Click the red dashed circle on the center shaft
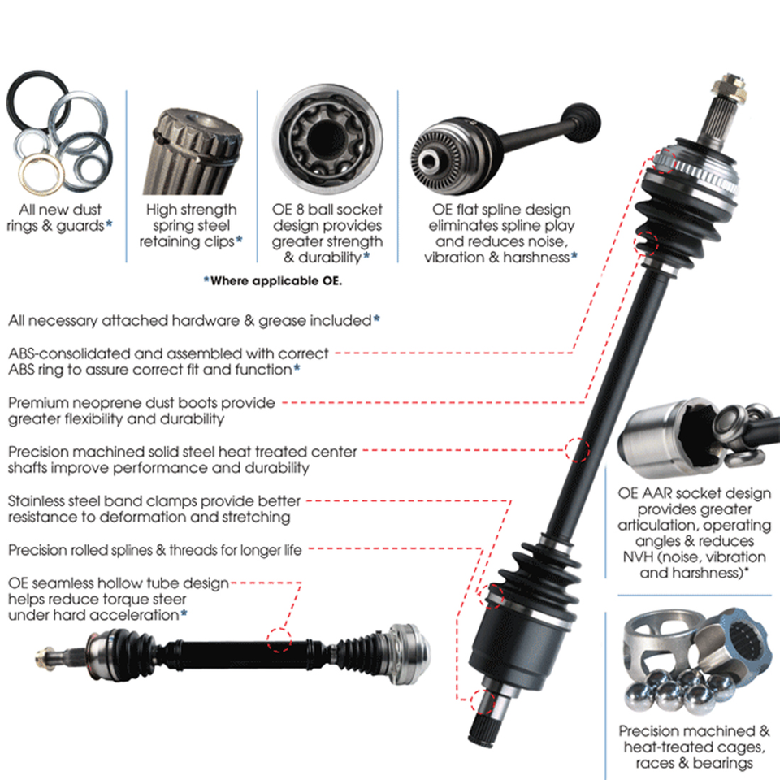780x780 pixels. [x=577, y=448]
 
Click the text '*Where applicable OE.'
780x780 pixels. [x=273, y=281]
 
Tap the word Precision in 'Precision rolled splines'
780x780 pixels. [x=37, y=550]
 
